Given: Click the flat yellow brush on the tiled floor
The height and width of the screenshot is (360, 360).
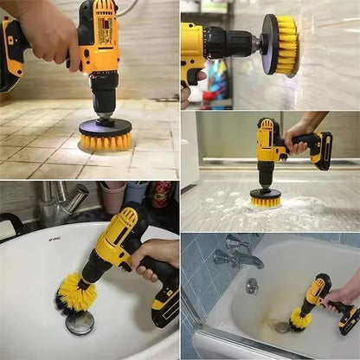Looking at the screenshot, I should (106, 139).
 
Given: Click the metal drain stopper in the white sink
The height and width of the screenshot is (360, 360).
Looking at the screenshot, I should (80, 323).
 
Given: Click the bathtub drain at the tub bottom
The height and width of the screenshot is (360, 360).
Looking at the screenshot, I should (280, 326).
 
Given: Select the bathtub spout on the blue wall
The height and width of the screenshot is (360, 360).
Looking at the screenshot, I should (243, 257).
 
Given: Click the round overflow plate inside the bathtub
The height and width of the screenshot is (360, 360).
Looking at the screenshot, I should (251, 286).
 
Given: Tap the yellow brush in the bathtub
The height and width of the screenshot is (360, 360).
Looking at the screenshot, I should (300, 319).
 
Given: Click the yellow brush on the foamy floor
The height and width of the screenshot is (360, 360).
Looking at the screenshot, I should (265, 200).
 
